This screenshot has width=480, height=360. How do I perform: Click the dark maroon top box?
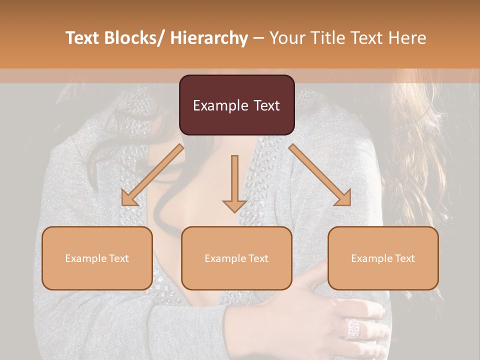236,105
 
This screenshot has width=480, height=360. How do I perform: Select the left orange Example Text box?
97,258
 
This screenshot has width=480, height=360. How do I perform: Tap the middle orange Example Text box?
236,258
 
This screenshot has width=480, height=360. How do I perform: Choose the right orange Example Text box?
383,258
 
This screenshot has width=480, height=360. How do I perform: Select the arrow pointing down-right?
320,174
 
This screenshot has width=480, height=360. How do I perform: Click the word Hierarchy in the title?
209,38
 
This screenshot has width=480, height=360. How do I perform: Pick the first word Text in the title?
82,38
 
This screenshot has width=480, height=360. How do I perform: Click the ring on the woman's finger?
352,328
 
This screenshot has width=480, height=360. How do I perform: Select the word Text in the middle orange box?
257,258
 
